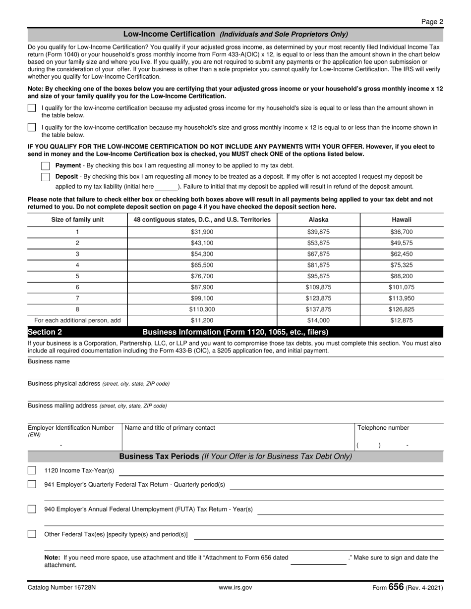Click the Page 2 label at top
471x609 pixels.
click(x=432, y=21)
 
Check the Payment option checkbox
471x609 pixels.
click(x=46, y=166)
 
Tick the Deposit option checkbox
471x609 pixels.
click(x=46, y=177)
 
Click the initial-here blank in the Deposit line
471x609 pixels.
click(x=166, y=187)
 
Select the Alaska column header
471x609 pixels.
click(x=318, y=220)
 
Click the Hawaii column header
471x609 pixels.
click(x=402, y=220)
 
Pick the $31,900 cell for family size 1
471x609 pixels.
click(x=202, y=232)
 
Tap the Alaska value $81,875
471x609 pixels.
click(x=318, y=265)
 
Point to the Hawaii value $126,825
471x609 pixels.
click(x=402, y=309)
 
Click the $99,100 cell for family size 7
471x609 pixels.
click(x=202, y=298)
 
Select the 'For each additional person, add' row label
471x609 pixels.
click(x=77, y=320)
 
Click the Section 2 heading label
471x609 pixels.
click(x=45, y=332)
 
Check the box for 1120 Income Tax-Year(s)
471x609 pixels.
click(x=32, y=470)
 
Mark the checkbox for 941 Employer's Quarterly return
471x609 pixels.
click(x=32, y=484)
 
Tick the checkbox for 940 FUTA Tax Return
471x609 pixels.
click(x=32, y=509)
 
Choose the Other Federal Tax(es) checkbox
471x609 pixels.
click(x=32, y=534)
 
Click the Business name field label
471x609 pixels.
click(x=49, y=361)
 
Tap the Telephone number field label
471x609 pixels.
click(x=383, y=428)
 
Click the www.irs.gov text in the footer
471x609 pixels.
click(x=235, y=588)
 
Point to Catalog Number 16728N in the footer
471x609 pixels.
click(x=62, y=588)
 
